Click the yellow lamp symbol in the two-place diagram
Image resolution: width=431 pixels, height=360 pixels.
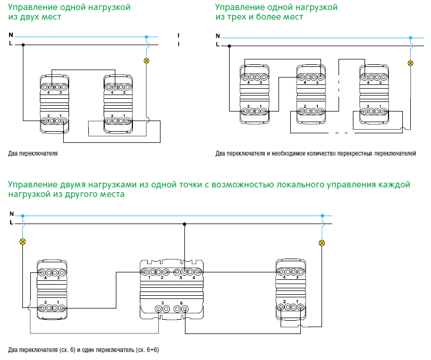(147, 61)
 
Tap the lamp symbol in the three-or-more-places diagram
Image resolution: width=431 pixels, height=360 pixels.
(410, 63)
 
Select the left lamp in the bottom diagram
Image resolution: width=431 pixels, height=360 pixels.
(23, 242)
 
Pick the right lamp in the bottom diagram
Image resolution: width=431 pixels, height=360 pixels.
(322, 243)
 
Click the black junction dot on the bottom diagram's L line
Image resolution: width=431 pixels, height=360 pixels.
(184, 224)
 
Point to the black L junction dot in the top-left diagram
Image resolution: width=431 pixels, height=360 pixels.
(23, 45)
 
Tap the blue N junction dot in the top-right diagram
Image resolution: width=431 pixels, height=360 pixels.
(410, 38)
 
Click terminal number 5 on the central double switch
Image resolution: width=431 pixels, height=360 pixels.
(181, 278)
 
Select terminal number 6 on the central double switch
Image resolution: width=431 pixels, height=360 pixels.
(181, 303)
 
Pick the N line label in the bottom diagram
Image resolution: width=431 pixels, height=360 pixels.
(12, 213)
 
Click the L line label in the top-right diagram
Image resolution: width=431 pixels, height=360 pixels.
(218, 44)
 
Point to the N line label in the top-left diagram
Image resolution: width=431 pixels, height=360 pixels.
(11, 35)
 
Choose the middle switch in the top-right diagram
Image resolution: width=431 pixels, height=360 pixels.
(311, 94)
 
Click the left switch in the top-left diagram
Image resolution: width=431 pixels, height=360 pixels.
(54, 104)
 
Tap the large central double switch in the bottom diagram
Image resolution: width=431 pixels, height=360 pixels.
(172, 289)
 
